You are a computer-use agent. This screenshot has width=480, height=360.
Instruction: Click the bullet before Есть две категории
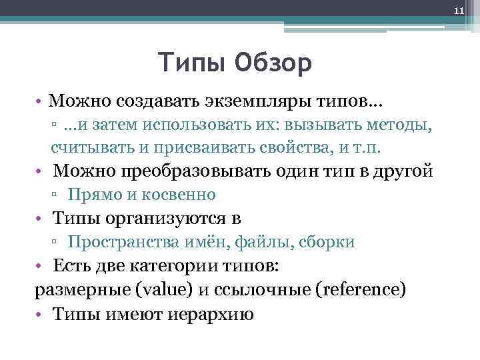pos(41,266)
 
